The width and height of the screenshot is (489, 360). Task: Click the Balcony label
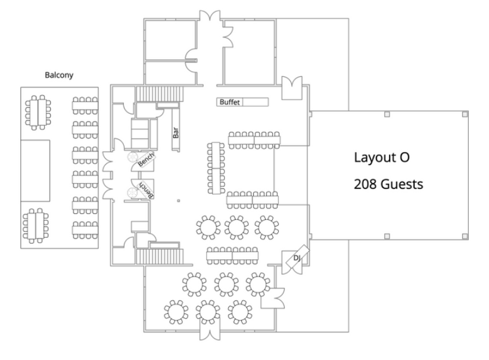click(x=59, y=75)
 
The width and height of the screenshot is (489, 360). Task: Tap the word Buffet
click(x=229, y=102)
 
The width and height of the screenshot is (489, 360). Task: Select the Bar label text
click(x=176, y=132)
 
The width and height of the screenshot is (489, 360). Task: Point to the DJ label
click(x=297, y=258)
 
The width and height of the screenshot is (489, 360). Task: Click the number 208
click(x=365, y=184)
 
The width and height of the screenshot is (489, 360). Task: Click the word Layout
click(x=372, y=157)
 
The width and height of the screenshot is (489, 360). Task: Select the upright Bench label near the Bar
click(x=146, y=159)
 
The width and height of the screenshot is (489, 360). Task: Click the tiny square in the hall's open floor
click(x=178, y=201)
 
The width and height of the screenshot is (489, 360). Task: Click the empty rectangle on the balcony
click(x=35, y=170)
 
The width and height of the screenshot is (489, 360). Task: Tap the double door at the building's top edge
click(x=210, y=16)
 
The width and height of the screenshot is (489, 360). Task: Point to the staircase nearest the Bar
click(x=160, y=94)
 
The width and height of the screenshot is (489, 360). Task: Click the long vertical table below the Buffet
click(x=216, y=168)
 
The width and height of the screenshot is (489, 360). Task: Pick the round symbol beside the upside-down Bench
click(x=132, y=193)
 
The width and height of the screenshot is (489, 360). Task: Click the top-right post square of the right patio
click(x=465, y=114)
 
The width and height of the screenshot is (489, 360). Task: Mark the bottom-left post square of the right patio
click(x=387, y=236)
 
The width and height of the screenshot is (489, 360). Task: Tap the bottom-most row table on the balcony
click(x=85, y=230)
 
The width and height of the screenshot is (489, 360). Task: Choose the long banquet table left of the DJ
click(x=232, y=256)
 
